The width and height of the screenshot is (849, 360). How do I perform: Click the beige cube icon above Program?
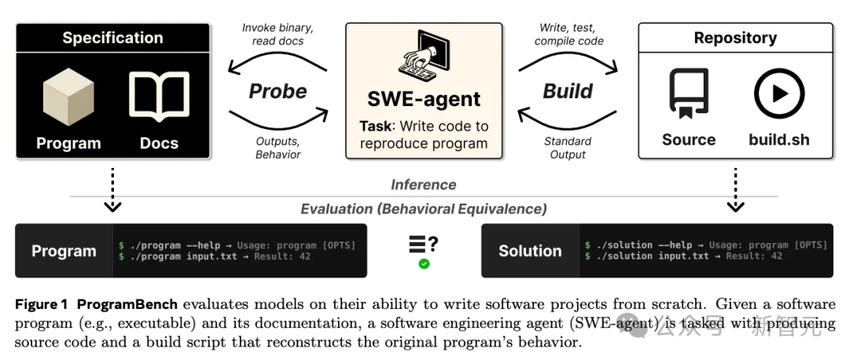point(68,97)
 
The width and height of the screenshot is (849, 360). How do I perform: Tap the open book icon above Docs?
point(159,97)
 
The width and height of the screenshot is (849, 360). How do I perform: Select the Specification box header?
point(112,38)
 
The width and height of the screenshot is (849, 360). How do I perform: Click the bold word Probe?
point(277,91)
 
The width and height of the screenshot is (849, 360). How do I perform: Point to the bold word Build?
point(568,91)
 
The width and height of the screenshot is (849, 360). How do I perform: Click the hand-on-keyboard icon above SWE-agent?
point(424,56)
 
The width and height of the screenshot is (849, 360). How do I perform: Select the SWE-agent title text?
point(424,99)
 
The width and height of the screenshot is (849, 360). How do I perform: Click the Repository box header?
point(735,38)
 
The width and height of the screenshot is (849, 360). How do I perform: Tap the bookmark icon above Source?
point(689,93)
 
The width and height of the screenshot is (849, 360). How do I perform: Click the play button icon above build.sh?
point(779,94)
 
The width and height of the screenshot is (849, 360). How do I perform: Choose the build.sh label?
point(779,139)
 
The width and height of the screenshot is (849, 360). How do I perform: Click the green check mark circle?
point(424,264)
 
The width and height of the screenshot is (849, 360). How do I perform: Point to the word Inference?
point(424,185)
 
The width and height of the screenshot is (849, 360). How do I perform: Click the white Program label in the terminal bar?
point(64,252)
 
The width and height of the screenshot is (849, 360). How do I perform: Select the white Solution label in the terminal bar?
point(530,252)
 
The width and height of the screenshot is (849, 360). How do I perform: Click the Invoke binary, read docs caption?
point(277,34)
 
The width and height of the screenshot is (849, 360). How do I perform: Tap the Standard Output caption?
point(568,148)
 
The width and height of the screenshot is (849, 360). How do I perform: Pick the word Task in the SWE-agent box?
point(375,127)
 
